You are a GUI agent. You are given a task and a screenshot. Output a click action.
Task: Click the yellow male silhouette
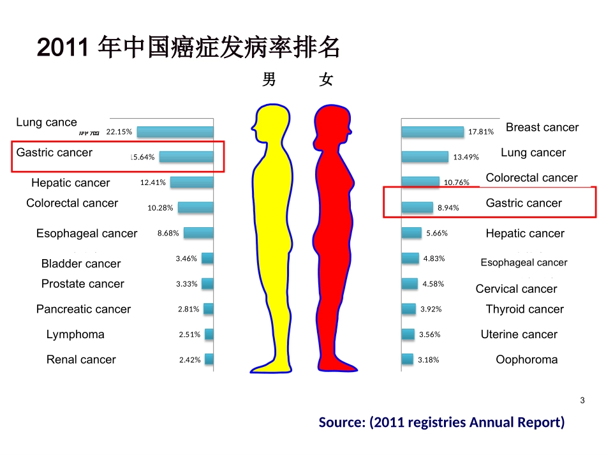[273, 242]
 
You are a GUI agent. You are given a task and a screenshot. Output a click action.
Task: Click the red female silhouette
[332, 242]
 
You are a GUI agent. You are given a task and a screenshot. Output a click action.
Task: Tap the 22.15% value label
[119, 131]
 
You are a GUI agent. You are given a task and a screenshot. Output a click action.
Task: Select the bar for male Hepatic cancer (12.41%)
[191, 182]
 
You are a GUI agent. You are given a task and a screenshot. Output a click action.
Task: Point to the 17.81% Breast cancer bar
[432, 131]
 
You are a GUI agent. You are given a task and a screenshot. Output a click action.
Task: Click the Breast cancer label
[542, 128]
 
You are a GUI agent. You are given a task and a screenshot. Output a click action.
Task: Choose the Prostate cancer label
[83, 284]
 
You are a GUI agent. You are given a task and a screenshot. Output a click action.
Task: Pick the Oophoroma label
[526, 360]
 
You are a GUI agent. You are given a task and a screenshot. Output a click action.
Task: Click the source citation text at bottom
[441, 422]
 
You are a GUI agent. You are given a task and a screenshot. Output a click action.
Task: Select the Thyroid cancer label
[524, 310]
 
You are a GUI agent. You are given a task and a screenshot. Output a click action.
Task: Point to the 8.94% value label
[448, 207]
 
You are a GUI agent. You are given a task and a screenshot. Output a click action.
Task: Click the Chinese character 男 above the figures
[269, 80]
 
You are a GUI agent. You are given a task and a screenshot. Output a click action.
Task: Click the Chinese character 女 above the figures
[326, 80]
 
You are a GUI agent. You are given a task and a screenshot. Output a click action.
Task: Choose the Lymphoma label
[75, 334]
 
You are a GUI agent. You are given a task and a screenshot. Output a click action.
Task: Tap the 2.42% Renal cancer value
[189, 360]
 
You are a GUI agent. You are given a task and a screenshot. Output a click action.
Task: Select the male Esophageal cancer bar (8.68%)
[198, 233]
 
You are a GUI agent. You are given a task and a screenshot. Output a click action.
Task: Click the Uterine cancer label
[519, 334]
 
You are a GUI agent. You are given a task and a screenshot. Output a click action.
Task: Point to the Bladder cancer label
[81, 264]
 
